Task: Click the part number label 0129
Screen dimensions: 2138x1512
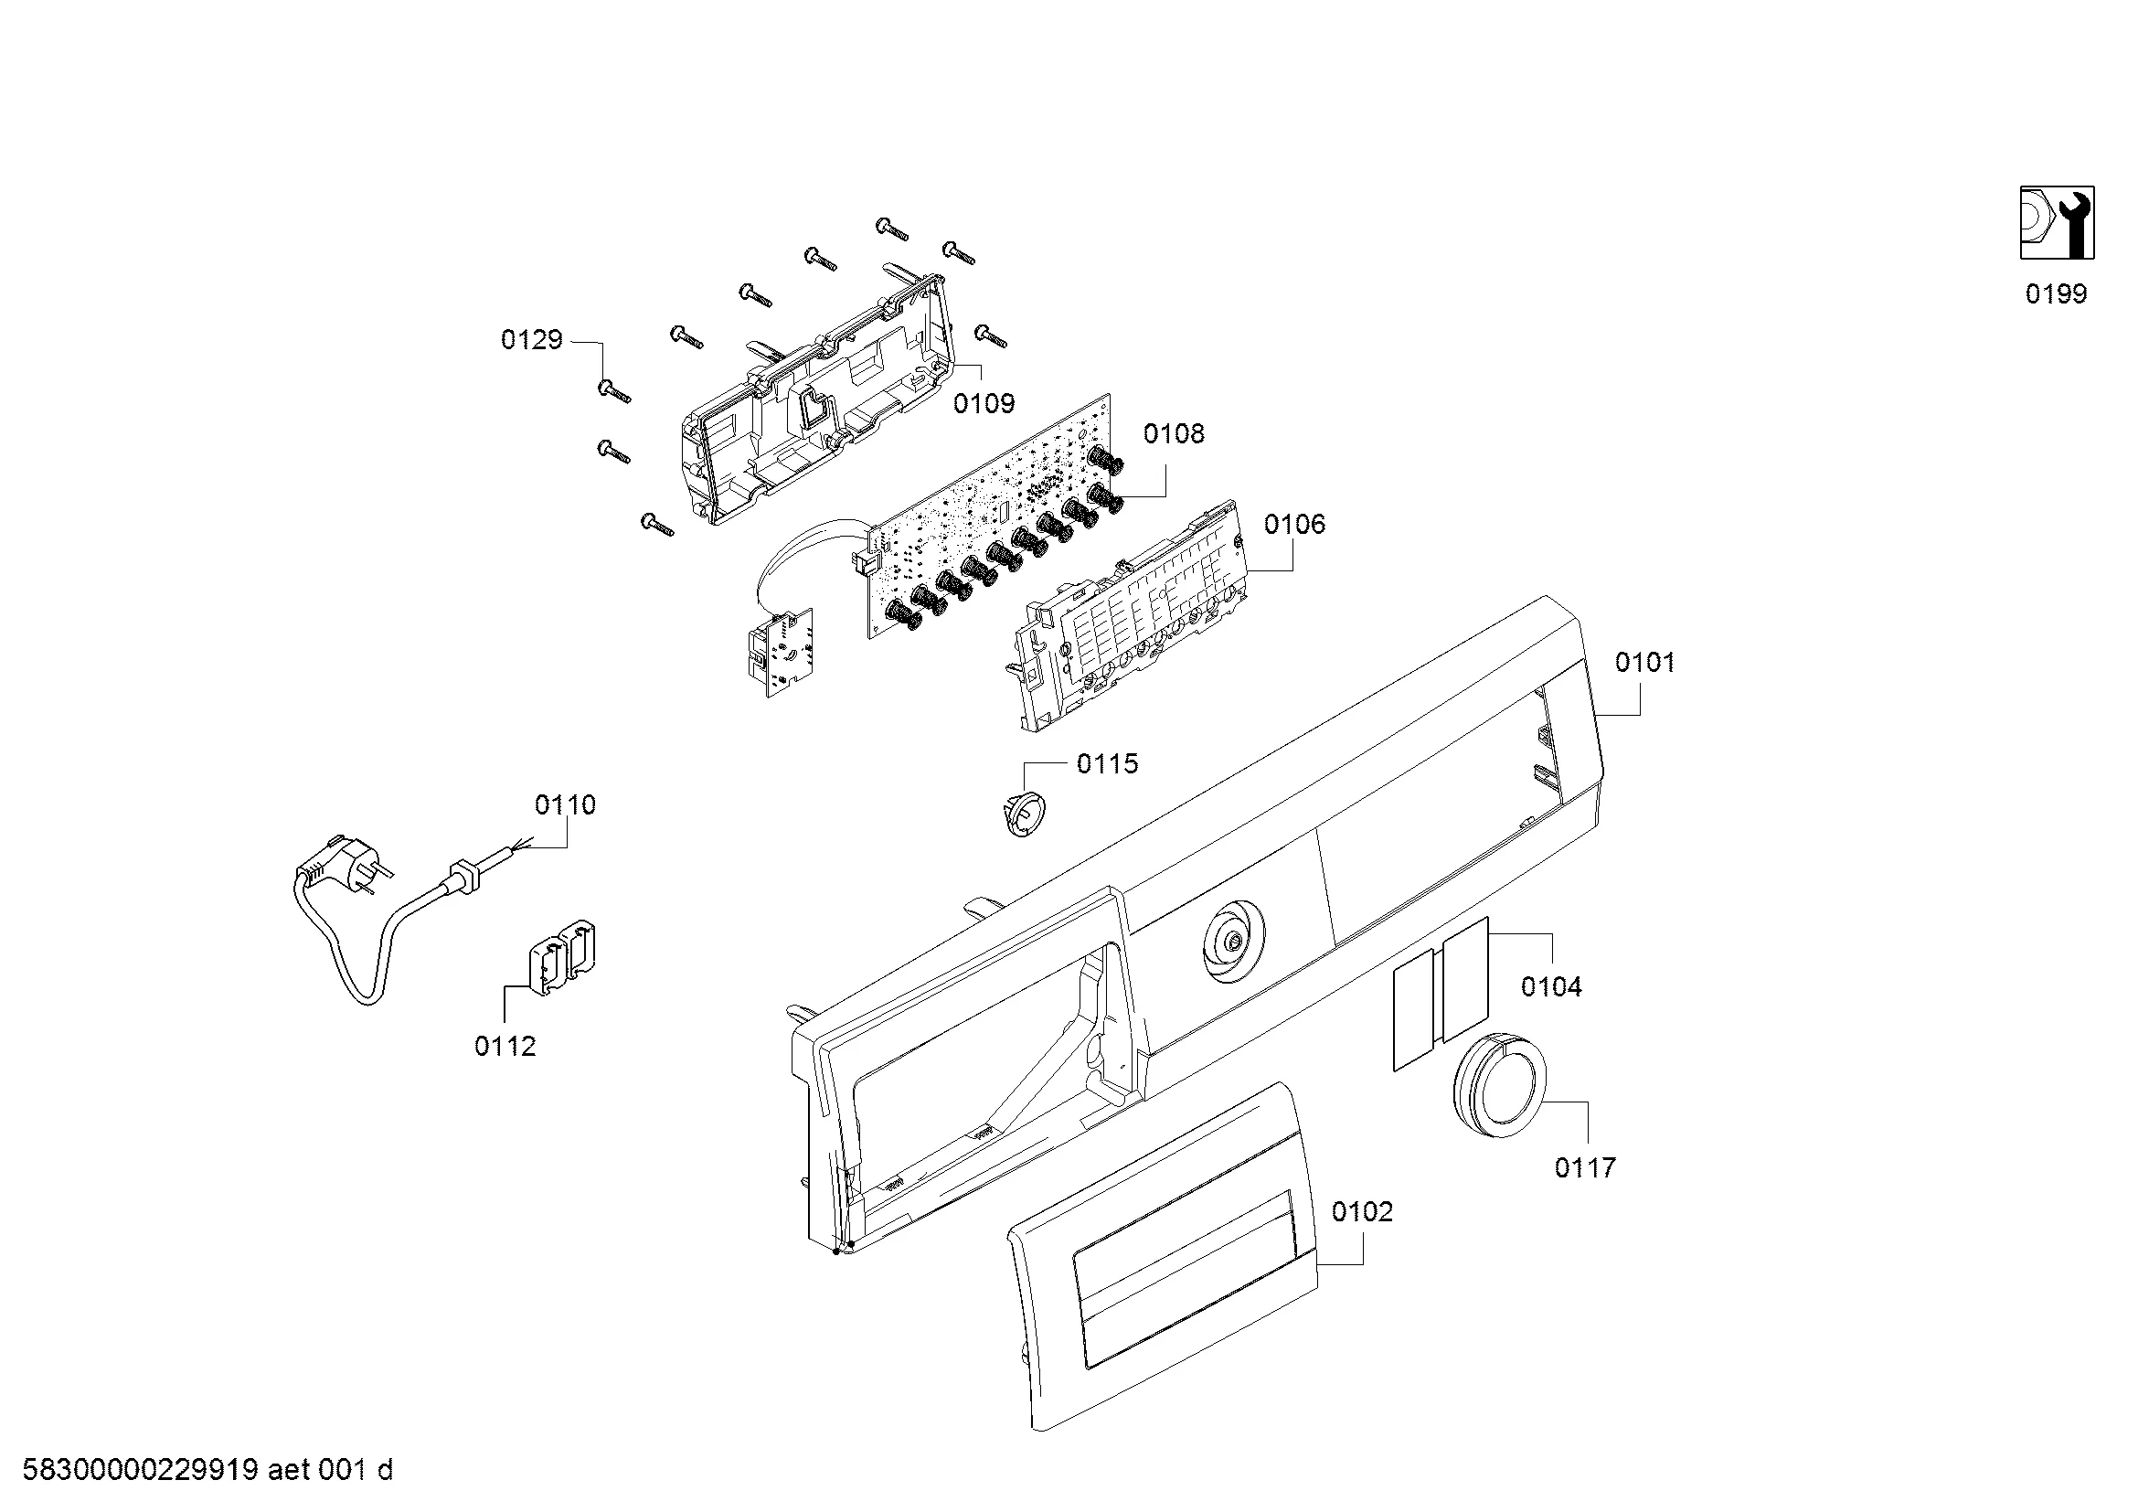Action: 532,340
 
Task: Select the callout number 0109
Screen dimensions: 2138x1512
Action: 984,403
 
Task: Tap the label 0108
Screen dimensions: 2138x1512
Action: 1174,433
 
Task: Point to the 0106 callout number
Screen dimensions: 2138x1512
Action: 1294,524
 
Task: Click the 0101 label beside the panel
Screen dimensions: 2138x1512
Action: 1644,662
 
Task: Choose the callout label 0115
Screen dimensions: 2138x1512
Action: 1107,763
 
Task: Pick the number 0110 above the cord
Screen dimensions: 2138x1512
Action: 565,804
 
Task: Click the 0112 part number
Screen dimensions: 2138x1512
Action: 505,1047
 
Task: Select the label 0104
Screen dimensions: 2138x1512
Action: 1551,986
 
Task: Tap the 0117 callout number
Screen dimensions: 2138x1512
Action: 1585,1167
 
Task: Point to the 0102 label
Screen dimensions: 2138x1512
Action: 1362,1211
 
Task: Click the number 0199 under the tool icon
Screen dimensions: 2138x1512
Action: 2056,294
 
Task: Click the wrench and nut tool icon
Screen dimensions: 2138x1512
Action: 2056,222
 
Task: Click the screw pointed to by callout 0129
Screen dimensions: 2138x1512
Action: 614,392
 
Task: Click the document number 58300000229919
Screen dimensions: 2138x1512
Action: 140,1470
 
